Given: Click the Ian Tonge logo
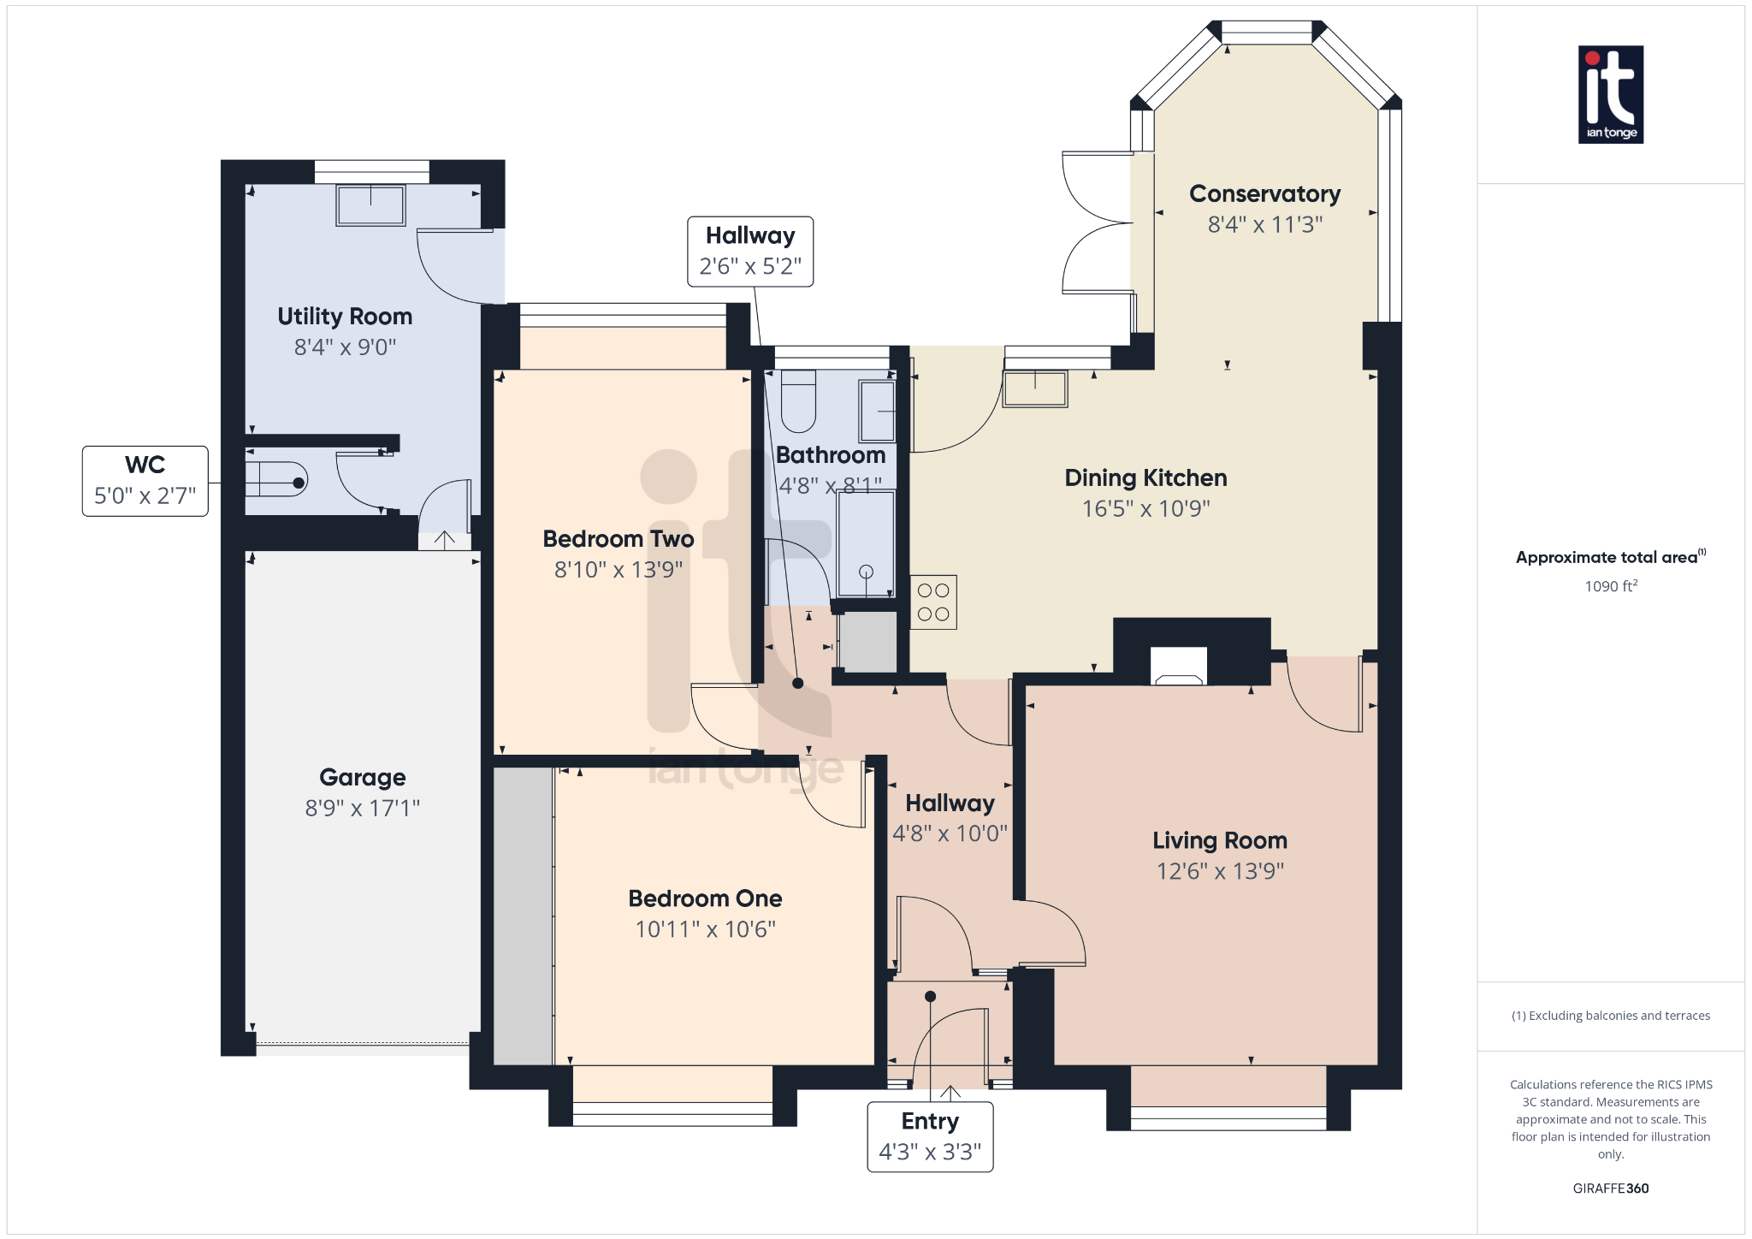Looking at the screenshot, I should click(x=1610, y=94).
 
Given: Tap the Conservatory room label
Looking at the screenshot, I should click(x=1264, y=194).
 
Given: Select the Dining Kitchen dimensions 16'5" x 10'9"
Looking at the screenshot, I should click(x=1145, y=508).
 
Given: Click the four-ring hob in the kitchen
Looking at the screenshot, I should click(x=932, y=602).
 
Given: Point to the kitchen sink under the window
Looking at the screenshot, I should click(x=1035, y=388).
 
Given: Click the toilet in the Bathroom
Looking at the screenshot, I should click(x=798, y=400).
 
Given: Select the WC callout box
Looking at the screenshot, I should click(x=145, y=481).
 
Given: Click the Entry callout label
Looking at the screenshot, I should click(x=930, y=1136).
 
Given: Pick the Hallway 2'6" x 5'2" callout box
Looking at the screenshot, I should click(x=750, y=251).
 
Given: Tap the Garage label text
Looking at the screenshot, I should click(x=362, y=777).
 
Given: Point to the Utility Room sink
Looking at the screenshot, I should click(x=370, y=205).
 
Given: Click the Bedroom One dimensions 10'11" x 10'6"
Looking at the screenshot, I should click(x=705, y=929).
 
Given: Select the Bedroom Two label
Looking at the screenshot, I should click(x=618, y=539).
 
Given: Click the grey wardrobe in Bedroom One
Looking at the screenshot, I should click(x=524, y=916).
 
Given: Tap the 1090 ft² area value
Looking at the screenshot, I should click(x=1610, y=586).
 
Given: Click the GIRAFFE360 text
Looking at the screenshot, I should click(x=1610, y=1189).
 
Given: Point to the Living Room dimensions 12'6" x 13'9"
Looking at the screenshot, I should click(x=1220, y=871).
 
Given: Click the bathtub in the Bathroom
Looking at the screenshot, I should click(x=866, y=543).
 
